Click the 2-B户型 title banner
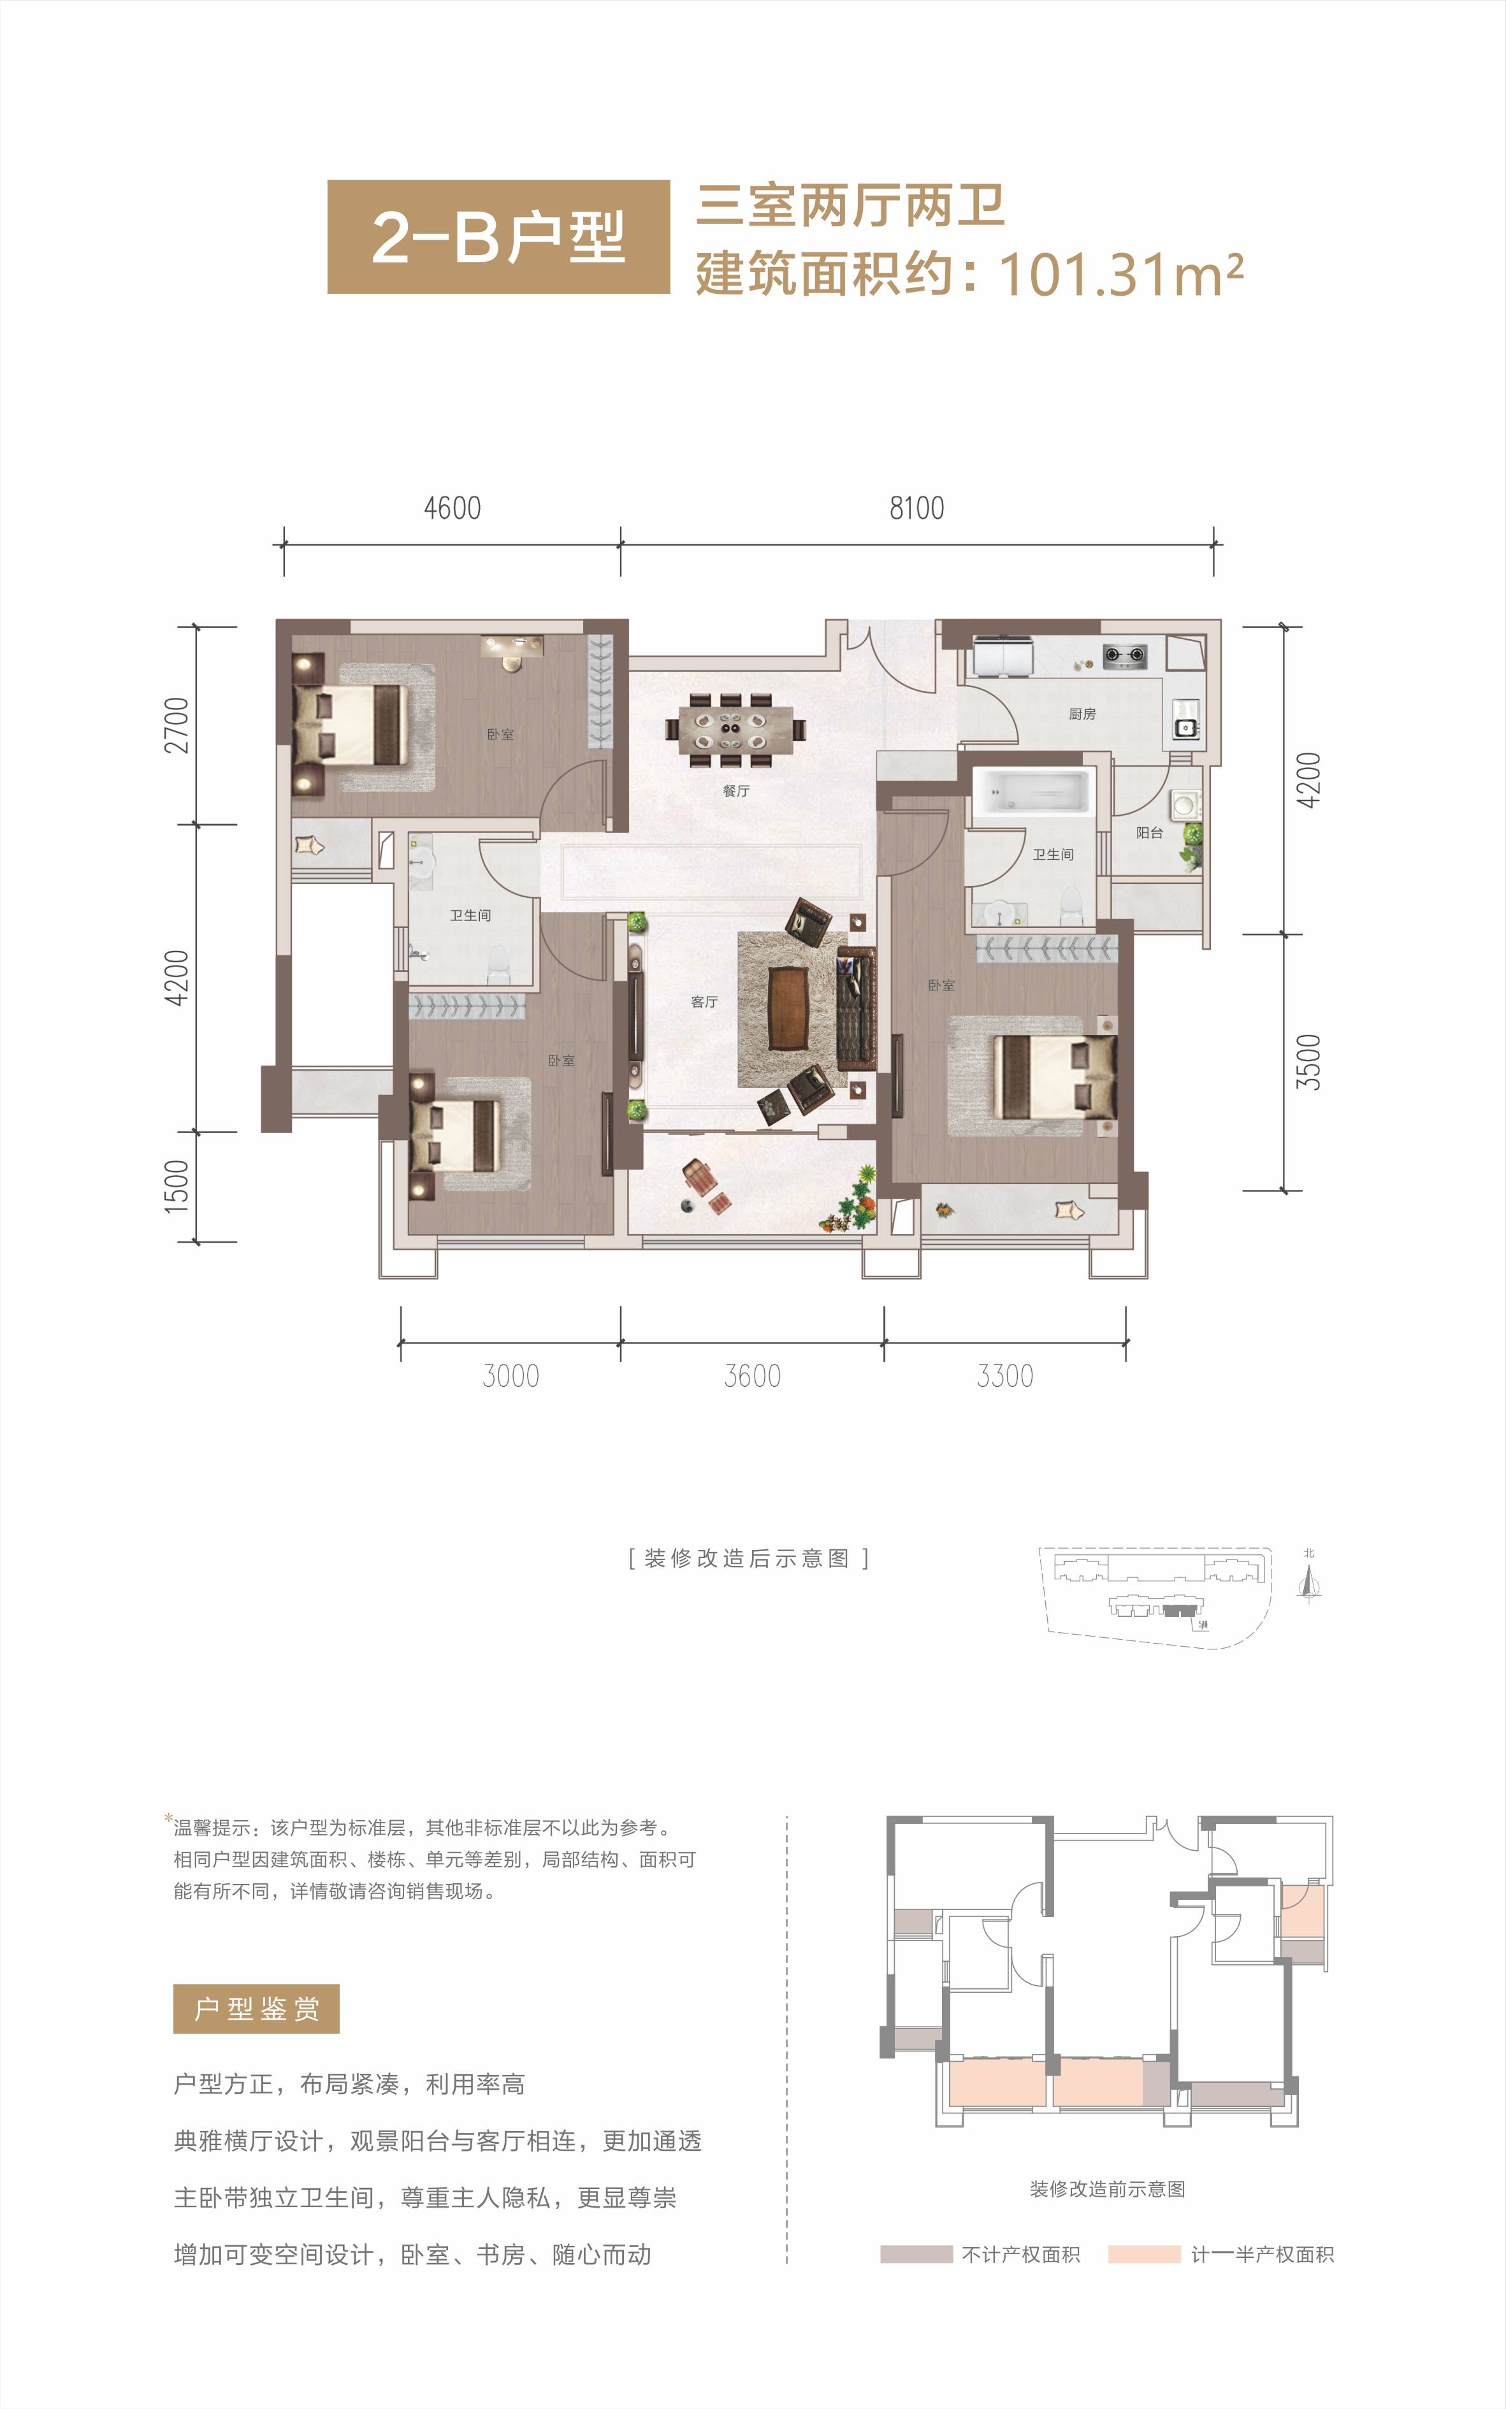point(498,237)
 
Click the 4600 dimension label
point(453,508)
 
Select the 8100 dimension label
point(916,508)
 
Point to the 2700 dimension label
point(177,725)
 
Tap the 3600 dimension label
point(752,1377)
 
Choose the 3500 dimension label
point(1308,1062)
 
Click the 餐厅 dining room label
point(736,791)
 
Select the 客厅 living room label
point(704,1002)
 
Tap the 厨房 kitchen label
point(1082,714)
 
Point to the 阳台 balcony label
point(1150,832)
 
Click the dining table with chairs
point(736,730)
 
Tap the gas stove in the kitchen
point(1124,655)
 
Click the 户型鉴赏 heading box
point(256,2009)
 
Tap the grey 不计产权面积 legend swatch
point(915,2253)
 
